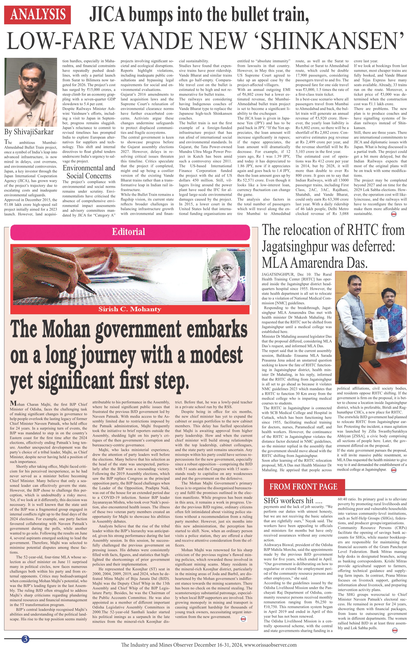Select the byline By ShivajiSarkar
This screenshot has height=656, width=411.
click(x=29, y=132)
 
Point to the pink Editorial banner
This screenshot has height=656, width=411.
click(x=130, y=232)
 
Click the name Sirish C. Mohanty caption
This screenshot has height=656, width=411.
click(x=130, y=309)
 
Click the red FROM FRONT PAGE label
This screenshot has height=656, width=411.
click(x=304, y=487)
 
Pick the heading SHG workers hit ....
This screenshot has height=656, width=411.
click(x=289, y=501)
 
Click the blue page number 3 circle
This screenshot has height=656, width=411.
click(x=25, y=639)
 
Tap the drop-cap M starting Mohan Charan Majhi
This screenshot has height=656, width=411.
click(x=12, y=403)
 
